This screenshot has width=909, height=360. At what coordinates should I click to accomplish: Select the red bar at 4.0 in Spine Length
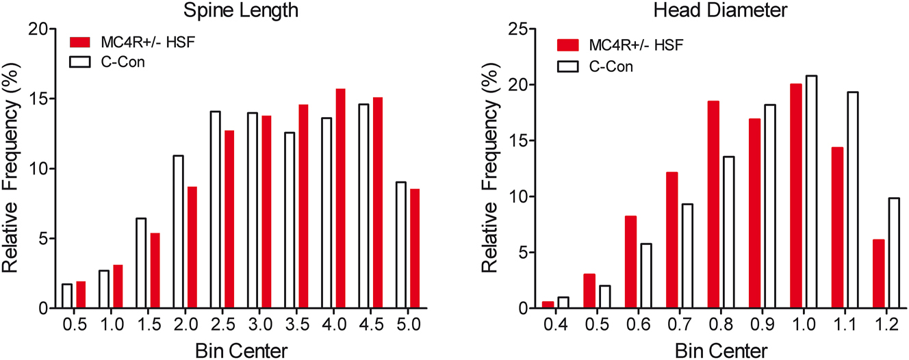[x=340, y=198]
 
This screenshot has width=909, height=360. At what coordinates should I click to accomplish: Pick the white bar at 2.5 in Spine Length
[x=214, y=209]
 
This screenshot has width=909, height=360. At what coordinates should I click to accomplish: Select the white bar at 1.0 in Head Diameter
[x=697, y=192]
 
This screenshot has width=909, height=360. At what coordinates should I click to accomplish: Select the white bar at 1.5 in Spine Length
[x=141, y=263]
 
